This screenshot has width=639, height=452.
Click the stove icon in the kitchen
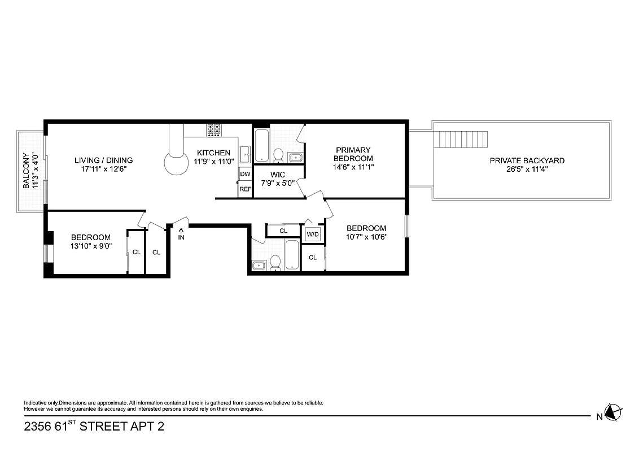point(213,130)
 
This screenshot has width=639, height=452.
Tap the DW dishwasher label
point(245,174)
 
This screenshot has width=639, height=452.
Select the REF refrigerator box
point(245,189)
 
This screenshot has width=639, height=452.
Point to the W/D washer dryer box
point(313,234)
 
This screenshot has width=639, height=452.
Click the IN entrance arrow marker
point(181,233)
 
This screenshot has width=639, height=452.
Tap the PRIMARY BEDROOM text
point(353,154)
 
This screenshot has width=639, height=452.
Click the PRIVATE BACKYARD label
point(527,160)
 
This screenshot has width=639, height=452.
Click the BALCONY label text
point(25,171)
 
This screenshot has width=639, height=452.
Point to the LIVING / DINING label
point(104,160)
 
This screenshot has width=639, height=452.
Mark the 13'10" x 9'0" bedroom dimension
point(90,246)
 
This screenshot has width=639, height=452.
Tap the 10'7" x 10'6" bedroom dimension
point(366,237)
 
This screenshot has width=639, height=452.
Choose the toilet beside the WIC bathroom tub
point(278,154)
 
